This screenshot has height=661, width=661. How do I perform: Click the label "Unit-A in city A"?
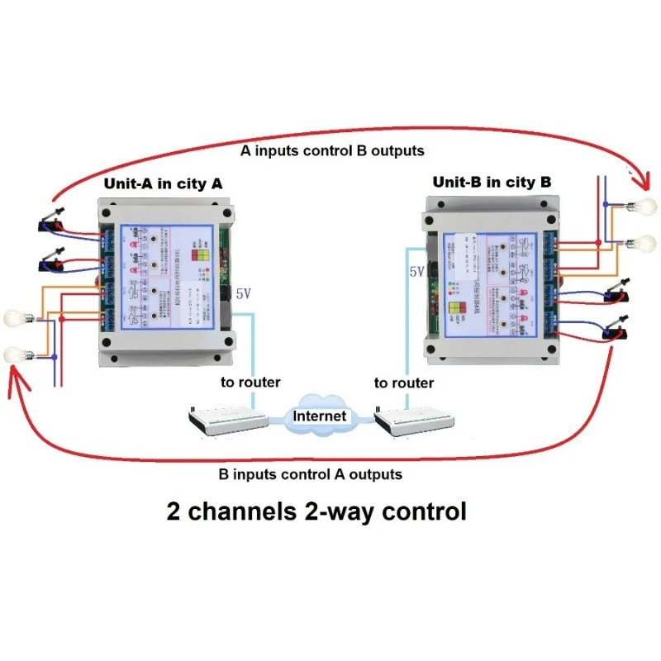162,183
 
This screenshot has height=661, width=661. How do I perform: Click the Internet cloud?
321,416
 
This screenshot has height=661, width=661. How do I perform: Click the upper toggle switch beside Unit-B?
611,292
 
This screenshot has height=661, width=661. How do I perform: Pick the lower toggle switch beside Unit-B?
612,330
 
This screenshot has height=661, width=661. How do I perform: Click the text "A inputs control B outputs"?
332,151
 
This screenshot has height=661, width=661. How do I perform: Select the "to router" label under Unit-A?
250,382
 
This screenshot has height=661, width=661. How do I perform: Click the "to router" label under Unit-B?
403,383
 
